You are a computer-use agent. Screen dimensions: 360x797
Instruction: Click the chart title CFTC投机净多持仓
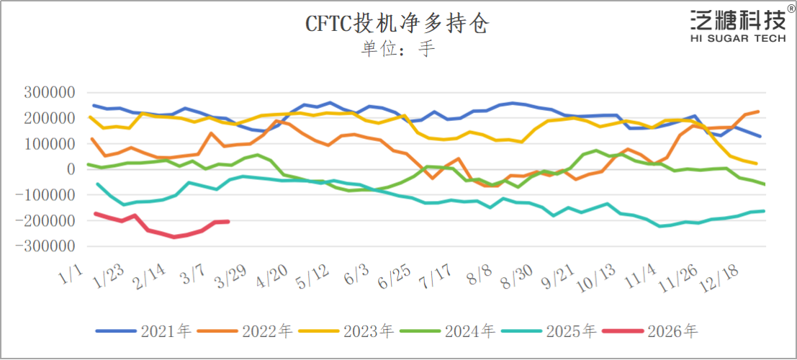click(x=398, y=24)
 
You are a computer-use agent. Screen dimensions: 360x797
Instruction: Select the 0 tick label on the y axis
click(x=71, y=170)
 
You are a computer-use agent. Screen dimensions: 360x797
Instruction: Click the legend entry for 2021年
click(x=143, y=331)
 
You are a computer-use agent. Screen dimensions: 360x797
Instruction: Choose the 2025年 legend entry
click(x=549, y=331)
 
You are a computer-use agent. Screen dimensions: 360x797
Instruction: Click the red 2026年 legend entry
click(x=651, y=331)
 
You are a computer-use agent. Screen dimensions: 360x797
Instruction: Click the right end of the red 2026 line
click(x=228, y=221)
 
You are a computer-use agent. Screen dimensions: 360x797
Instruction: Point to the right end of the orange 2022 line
click(x=757, y=112)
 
